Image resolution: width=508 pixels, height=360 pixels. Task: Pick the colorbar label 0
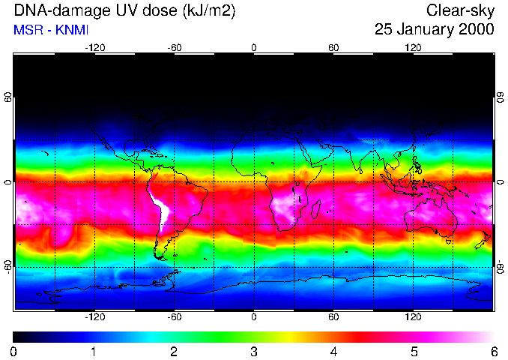coord(14,351)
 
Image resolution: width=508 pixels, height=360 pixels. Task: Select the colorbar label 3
coord(254,351)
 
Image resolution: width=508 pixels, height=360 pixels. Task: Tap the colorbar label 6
coord(494,351)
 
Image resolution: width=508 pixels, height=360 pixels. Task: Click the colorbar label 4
coord(334,351)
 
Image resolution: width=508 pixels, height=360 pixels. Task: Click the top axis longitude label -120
coord(94,47)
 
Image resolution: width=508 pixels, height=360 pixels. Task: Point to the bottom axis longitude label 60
coord(333,317)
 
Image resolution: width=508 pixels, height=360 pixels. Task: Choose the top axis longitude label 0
coord(254,47)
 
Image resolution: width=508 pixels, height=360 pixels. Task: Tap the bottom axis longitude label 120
coord(413,317)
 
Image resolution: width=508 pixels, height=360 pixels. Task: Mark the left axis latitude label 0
coord(7,182)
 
